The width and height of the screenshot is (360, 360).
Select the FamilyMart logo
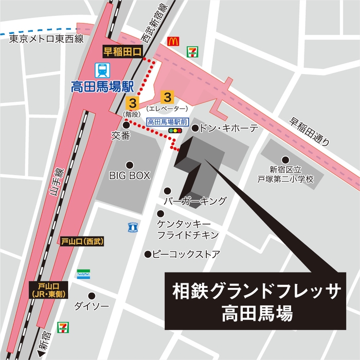84,274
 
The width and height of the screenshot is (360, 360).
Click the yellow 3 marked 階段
133,100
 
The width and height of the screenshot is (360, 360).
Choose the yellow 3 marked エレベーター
167,97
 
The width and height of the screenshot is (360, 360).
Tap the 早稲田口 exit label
121,50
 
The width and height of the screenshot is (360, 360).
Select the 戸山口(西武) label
81,241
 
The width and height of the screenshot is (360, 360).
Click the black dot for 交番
126,124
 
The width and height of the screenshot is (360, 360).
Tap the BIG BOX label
129,175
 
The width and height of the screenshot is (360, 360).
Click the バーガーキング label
195,200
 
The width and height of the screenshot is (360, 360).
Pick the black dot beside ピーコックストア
148,254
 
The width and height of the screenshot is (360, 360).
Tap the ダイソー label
92,306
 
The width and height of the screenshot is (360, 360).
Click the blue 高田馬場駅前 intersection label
168,122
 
